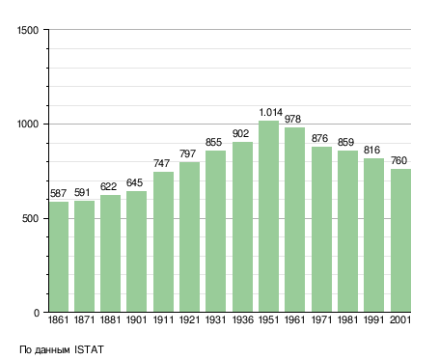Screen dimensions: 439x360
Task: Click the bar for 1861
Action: point(59,257)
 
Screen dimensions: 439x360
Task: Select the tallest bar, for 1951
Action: point(268,216)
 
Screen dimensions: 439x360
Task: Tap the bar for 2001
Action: point(400,240)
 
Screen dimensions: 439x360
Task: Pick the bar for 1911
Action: point(163,241)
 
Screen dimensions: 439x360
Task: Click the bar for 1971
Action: point(321,230)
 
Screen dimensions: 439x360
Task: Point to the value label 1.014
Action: point(271,112)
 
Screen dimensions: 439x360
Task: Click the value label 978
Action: point(292,119)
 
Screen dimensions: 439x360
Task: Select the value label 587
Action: point(58,193)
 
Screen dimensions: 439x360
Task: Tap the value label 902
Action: point(240,133)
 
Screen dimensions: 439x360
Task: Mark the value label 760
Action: point(398,160)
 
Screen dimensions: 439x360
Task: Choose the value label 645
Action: point(134,182)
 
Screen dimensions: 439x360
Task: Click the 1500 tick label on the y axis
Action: point(28,30)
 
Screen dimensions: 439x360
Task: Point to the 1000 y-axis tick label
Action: point(28,125)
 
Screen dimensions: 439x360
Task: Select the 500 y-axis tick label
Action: point(30,218)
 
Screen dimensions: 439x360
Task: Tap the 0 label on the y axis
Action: point(37,313)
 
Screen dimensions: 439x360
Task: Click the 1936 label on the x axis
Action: point(242,319)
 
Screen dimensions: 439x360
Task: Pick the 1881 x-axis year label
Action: point(110,319)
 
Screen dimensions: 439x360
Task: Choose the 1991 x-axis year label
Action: point(373,319)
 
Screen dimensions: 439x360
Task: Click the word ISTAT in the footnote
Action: point(89,349)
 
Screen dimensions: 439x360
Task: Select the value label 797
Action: point(187,153)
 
